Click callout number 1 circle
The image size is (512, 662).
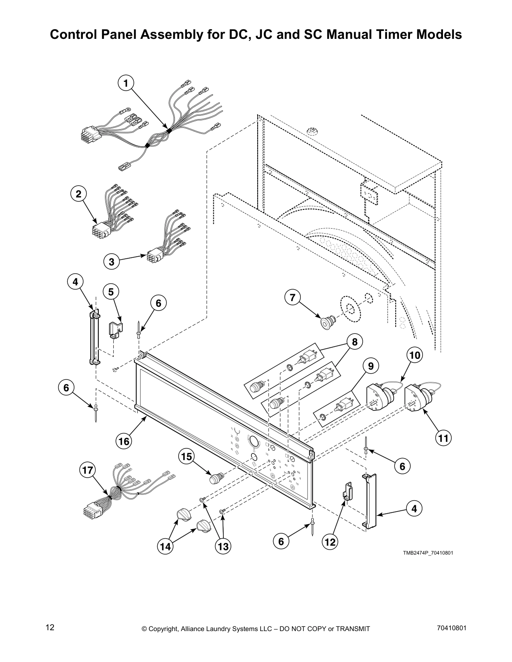coord(125,84)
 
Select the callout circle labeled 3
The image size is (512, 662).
coord(112,262)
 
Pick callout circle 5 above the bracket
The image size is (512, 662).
coord(111,292)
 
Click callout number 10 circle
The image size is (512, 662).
coord(414,356)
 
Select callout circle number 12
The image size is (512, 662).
coord(330,542)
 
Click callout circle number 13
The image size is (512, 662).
coord(223,546)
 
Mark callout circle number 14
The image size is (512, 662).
coord(166,546)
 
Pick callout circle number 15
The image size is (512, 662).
coord(187,457)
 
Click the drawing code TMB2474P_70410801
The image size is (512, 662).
coord(428,553)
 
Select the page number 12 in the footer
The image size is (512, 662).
coord(50,627)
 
